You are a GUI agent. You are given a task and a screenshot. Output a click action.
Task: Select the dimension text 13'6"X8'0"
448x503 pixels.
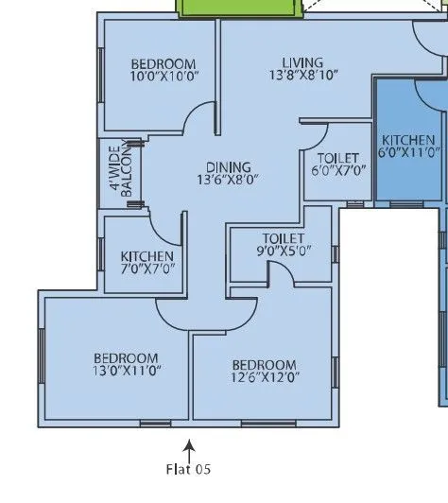point(228,179)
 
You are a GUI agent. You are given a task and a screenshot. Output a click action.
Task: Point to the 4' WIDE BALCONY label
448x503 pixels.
point(119,173)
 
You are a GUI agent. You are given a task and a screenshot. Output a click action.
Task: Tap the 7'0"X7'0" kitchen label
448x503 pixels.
point(147,263)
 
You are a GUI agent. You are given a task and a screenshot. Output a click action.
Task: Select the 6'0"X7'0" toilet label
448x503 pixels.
point(336,165)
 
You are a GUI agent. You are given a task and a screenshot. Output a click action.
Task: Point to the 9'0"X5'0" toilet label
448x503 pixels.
point(283,246)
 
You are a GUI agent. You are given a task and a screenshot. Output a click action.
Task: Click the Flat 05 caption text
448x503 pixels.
point(189,468)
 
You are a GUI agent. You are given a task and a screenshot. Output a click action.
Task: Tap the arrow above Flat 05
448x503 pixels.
point(190,446)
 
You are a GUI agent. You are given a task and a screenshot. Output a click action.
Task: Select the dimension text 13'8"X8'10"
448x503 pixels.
point(302,75)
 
